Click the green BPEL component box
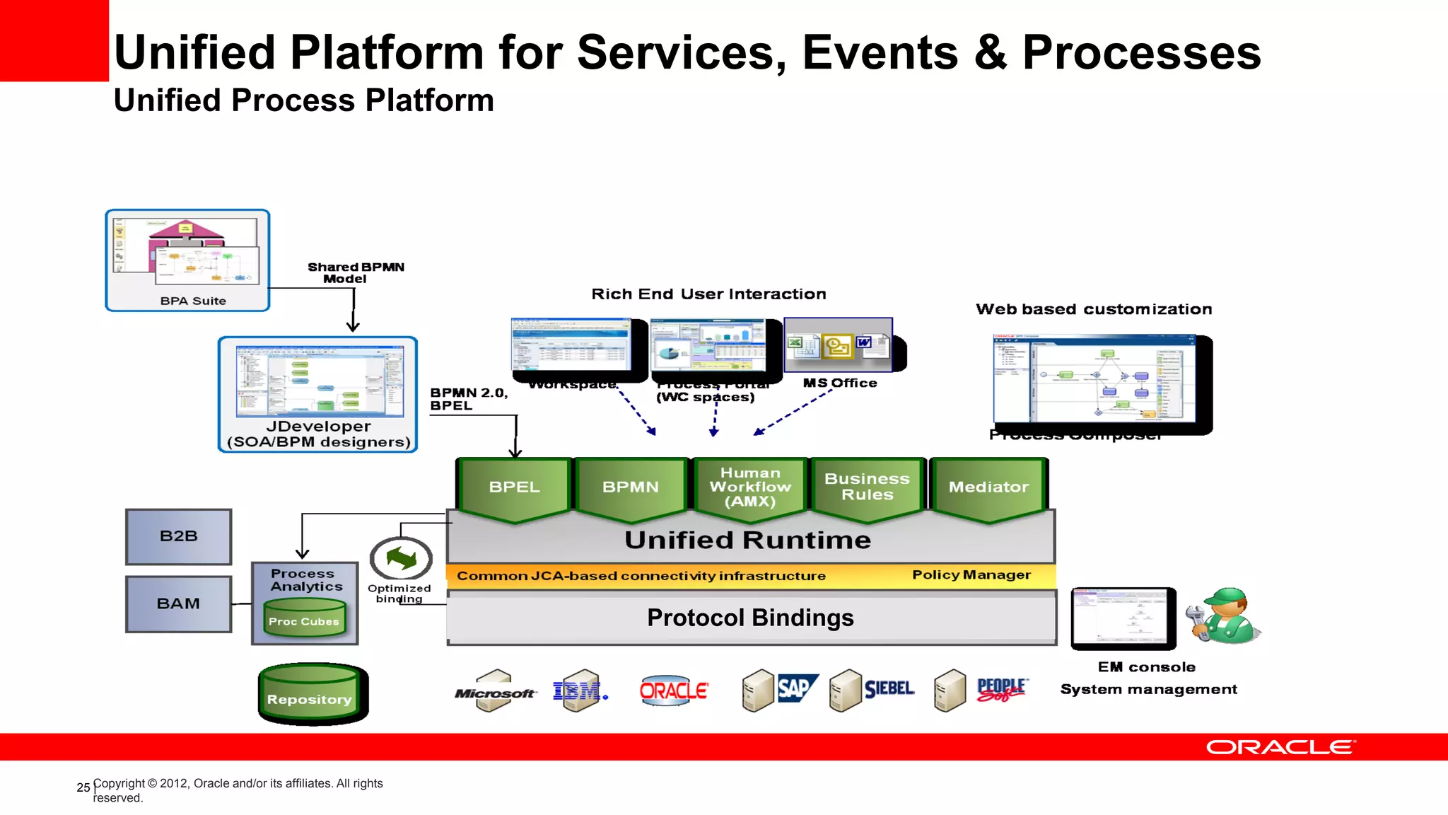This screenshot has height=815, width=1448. coord(514,487)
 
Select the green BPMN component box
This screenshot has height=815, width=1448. coord(630,487)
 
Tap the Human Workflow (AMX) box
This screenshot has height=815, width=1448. coord(750,487)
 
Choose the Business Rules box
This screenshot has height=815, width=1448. coord(867,487)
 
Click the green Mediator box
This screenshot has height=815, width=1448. coord(988,487)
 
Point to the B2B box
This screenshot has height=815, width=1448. coord(178,536)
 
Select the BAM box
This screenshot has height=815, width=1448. coord(178,603)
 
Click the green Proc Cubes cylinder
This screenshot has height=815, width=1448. coord(304,618)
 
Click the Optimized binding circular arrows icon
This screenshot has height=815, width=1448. coord(401,559)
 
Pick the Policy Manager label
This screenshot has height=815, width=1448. coord(971,575)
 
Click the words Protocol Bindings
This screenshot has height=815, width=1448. coord(750,618)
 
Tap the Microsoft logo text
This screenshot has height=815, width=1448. coord(494,694)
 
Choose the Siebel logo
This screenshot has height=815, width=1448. coord(889,688)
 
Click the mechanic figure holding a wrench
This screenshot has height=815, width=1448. coord(1225,615)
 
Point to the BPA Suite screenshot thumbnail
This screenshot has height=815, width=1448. coord(187,255)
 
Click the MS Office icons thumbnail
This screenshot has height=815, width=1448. coord(838,345)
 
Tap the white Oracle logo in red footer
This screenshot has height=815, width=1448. coord(1280,748)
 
